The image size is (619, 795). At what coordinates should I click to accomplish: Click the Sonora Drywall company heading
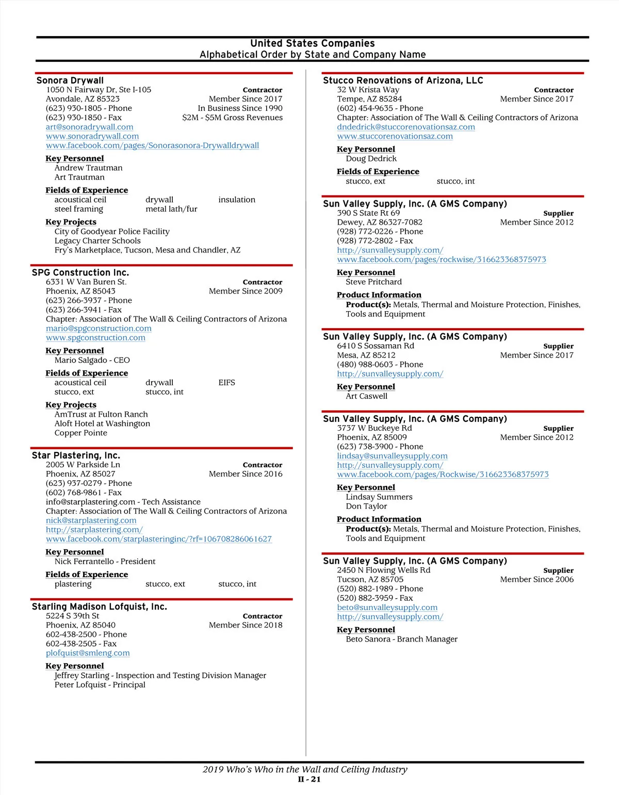(70, 80)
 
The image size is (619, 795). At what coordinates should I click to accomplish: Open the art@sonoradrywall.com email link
(89, 127)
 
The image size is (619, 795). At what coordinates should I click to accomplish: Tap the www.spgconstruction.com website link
(95, 337)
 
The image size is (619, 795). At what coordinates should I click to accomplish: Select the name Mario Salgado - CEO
(92, 360)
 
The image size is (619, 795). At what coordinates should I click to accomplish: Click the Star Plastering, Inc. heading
(76, 455)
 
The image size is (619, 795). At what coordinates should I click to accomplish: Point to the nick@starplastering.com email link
(91, 520)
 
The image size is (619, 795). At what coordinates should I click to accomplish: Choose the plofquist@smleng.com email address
(88, 653)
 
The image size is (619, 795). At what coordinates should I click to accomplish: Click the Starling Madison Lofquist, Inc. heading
(100, 606)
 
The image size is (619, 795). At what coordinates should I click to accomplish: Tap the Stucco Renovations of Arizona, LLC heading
(403, 80)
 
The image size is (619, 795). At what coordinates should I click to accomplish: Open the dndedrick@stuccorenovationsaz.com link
(406, 127)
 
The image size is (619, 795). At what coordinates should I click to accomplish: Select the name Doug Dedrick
(371, 159)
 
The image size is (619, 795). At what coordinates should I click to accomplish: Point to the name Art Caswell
(366, 396)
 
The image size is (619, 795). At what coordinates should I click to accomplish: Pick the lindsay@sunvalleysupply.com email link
(392, 456)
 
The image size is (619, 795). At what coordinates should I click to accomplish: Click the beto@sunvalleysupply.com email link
(387, 607)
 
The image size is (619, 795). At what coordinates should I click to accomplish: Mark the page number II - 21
(309, 780)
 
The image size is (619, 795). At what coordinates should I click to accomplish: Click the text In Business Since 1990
(240, 108)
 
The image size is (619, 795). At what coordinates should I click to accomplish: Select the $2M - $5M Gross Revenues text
(232, 117)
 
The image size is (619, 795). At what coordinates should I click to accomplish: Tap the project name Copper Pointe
(81, 433)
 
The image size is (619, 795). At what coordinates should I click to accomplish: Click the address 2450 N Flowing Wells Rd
(383, 570)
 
